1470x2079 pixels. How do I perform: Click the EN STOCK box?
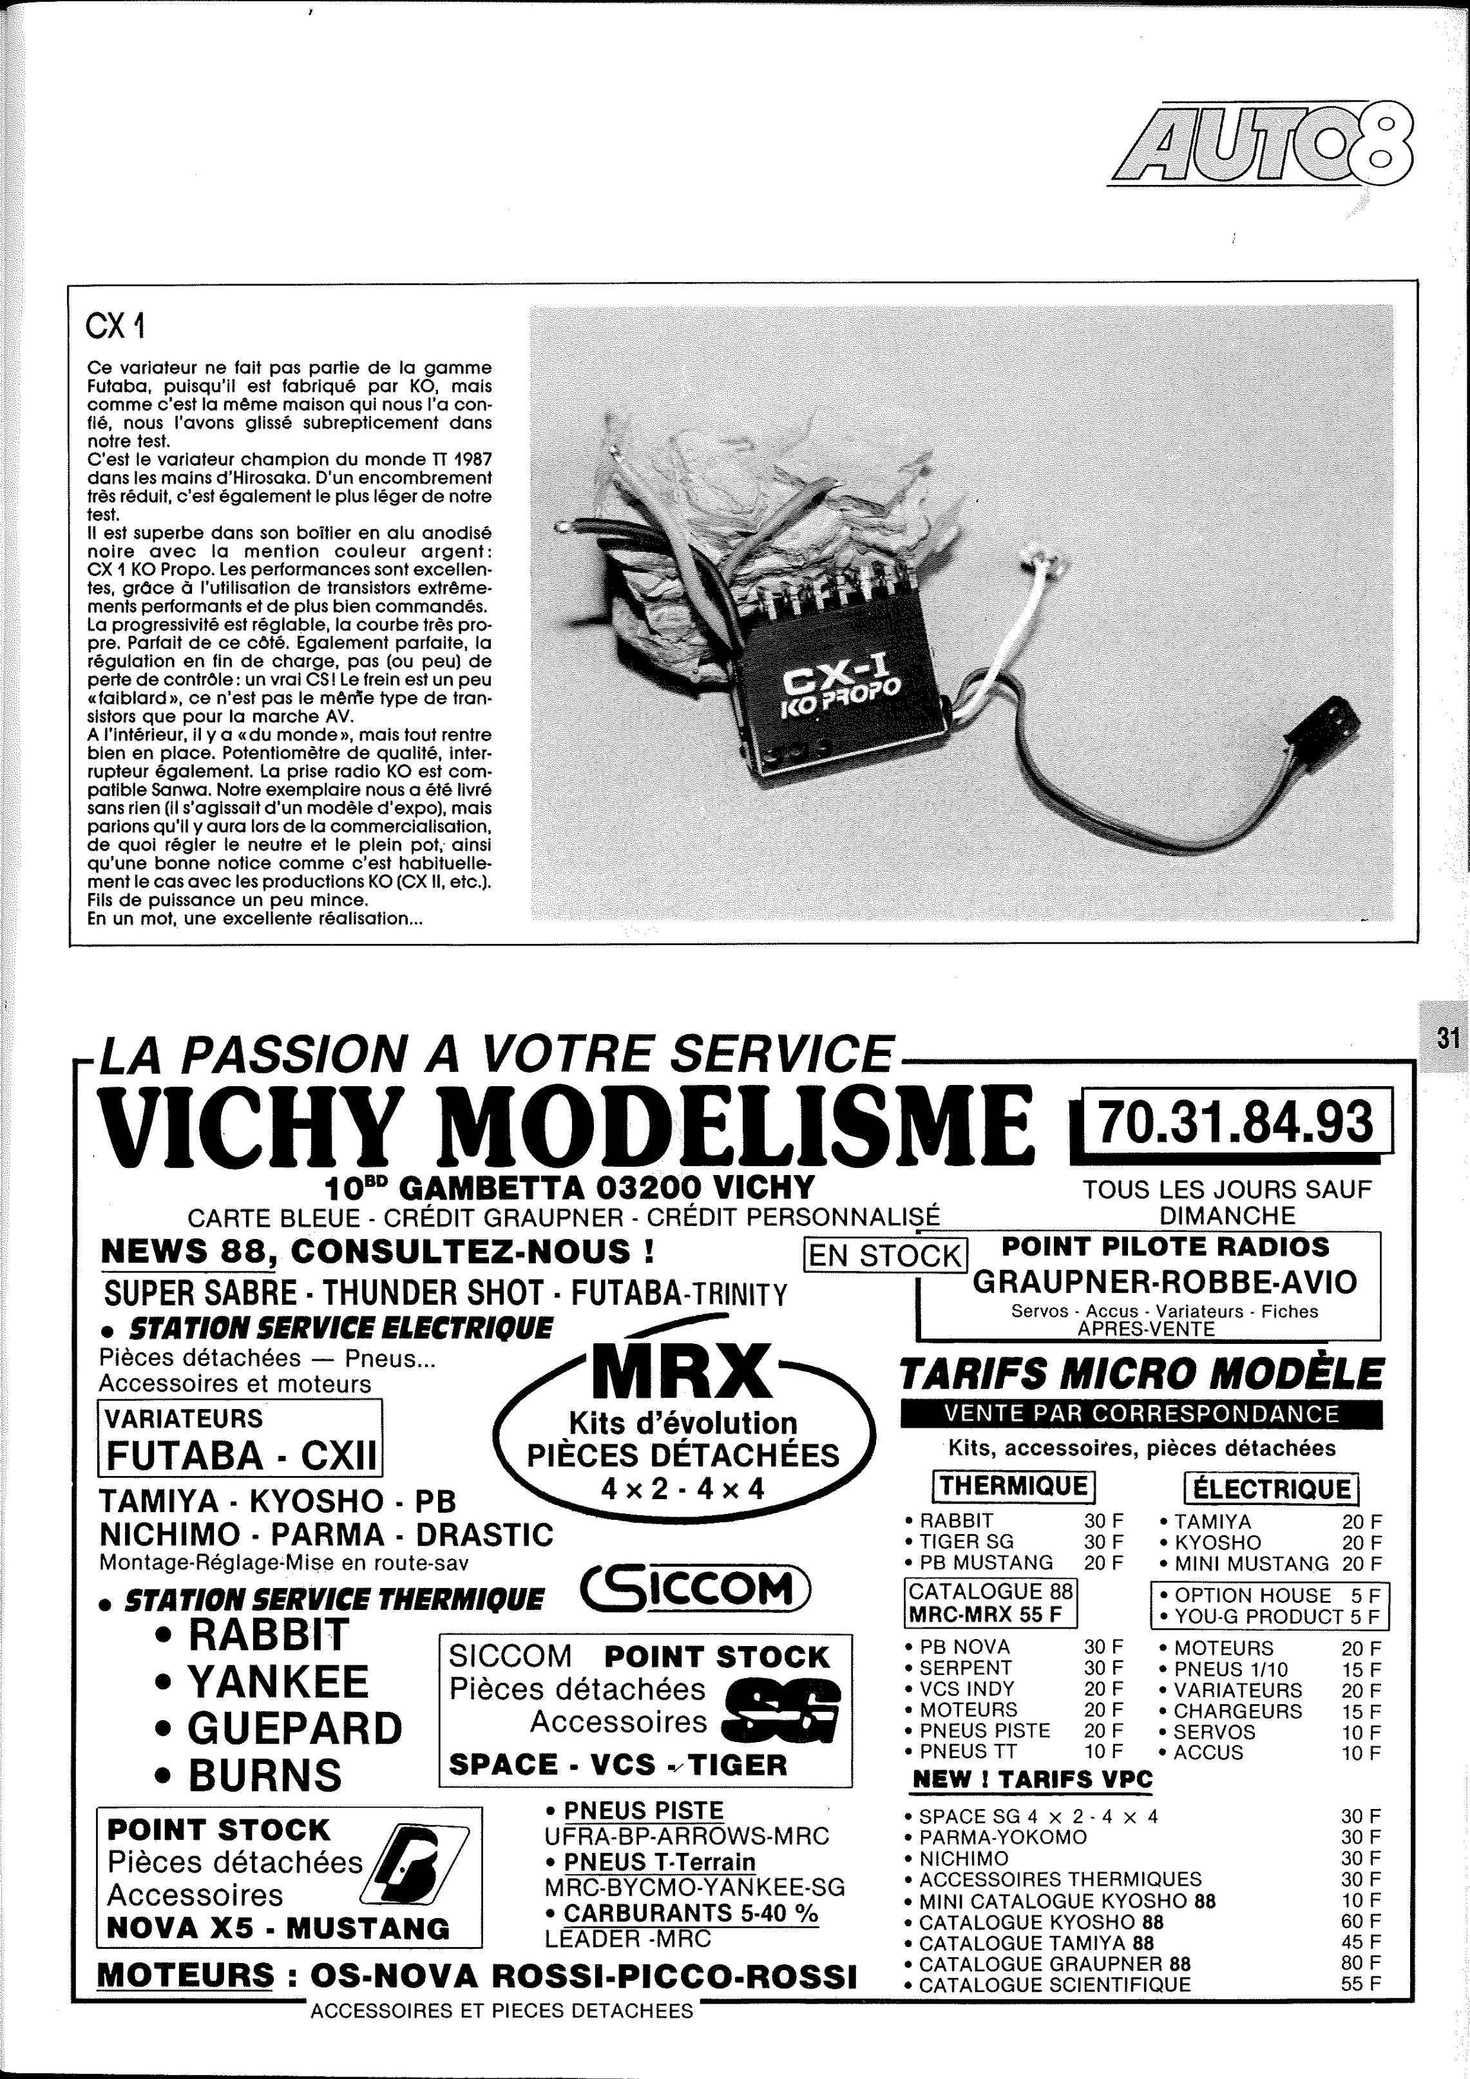[885, 1255]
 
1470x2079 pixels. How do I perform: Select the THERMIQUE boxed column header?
[1013, 1485]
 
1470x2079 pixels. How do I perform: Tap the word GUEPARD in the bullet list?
[294, 1728]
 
